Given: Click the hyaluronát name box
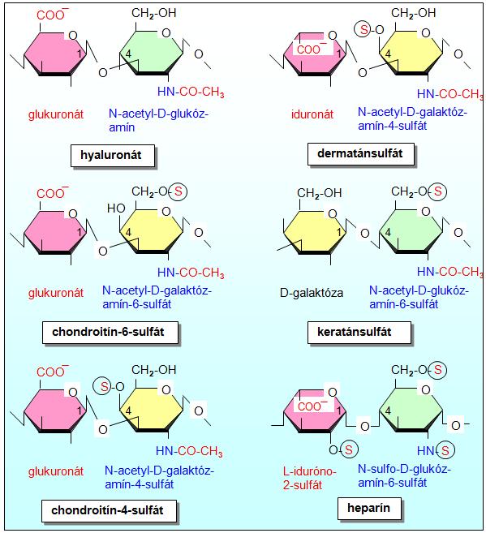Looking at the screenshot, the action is (113, 155).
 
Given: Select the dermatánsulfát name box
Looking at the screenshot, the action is (360, 153).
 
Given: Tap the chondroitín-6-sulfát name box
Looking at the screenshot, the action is (110, 332).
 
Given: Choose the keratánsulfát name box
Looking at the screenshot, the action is (359, 332).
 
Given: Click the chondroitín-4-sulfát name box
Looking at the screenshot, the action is (109, 510).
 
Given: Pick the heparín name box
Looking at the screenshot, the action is (369, 508).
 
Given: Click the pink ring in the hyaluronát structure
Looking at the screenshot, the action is (55, 54).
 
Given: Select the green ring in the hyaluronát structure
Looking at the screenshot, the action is (152, 53).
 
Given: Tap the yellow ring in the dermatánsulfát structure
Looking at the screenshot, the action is (411, 53).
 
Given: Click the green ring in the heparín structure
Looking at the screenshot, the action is (411, 410).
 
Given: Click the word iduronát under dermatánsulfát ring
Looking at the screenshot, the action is (312, 114).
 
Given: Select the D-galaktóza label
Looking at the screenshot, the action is (312, 293).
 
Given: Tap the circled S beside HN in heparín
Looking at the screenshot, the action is (445, 450).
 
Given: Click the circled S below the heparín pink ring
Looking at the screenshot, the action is (349, 449).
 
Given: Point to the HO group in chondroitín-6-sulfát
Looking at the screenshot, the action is (116, 208).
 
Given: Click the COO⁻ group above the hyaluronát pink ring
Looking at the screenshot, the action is (53, 15).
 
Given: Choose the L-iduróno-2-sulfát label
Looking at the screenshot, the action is (309, 478).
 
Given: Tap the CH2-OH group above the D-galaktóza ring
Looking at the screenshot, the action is (319, 193).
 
